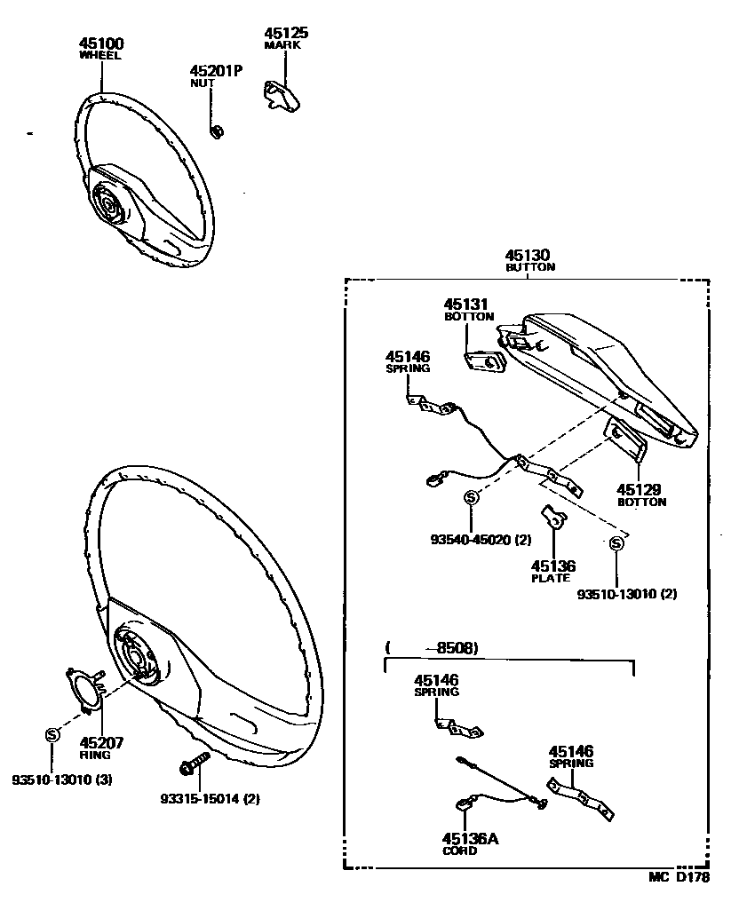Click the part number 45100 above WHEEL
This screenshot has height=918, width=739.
click(x=100, y=43)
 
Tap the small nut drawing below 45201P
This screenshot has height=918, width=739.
click(x=216, y=131)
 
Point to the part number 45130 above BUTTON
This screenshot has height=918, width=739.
click(x=528, y=256)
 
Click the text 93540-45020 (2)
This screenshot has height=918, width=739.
click(x=481, y=538)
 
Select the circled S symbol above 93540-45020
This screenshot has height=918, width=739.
click(x=472, y=497)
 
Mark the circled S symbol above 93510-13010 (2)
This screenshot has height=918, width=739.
click(x=615, y=544)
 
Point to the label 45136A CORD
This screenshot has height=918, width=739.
click(x=463, y=843)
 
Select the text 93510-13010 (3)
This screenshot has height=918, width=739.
click(x=61, y=780)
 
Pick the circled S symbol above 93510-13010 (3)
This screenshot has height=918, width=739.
click(x=52, y=735)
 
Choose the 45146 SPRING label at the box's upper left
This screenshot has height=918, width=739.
click(x=408, y=360)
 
